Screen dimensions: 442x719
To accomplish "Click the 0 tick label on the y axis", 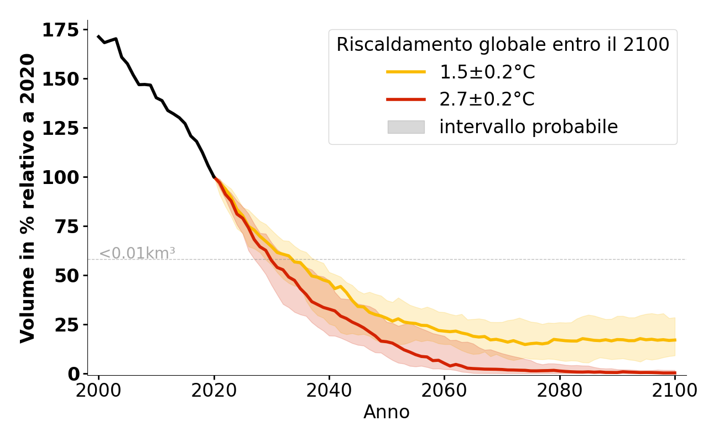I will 74,373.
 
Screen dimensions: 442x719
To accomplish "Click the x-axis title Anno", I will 387,412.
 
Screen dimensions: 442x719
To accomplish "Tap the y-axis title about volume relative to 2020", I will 28,198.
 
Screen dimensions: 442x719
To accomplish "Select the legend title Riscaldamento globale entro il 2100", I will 503,45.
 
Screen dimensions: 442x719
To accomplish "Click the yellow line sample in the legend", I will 406,72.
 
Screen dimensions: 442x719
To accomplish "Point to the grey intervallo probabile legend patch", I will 406,127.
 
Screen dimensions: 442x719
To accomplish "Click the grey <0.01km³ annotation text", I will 137,254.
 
